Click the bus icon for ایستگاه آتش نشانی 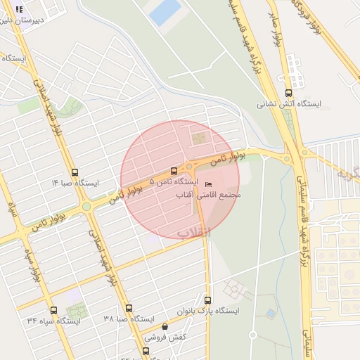[x=288, y=93]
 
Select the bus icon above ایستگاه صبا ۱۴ [x=75, y=172]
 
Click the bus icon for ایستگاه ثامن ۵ [x=174, y=171]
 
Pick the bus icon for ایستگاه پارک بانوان [x=207, y=300]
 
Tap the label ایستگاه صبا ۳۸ [x=128, y=319]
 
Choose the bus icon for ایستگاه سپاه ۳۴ [x=53, y=310]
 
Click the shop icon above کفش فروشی [x=165, y=326]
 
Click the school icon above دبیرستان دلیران [x=19, y=10]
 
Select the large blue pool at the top [x=165, y=12]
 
